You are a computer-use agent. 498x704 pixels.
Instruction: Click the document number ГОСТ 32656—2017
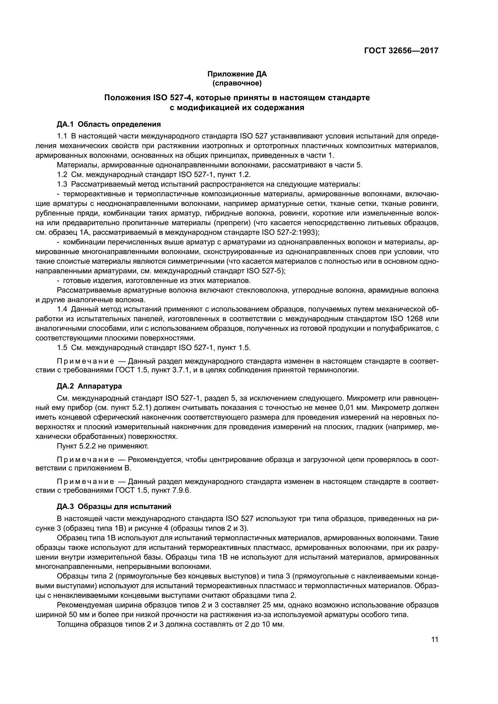[401, 51]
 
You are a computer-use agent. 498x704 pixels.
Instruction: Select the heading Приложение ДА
[237, 74]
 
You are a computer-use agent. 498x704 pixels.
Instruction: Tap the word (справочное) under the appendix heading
[237, 83]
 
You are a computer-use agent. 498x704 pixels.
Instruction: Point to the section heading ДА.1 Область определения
[109, 124]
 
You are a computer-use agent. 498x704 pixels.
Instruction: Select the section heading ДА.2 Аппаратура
[89, 386]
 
